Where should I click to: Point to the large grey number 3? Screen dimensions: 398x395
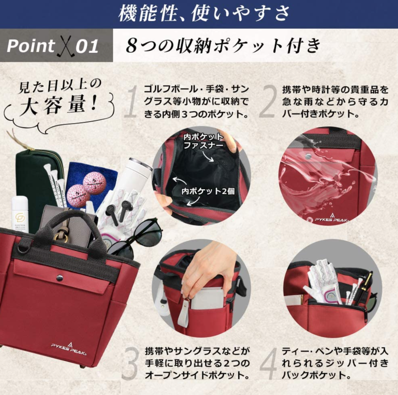click(131, 363)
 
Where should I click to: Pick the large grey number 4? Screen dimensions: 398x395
click(268, 363)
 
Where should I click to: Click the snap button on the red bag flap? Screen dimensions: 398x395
click(59, 278)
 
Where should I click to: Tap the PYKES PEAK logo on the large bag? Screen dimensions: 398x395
click(68, 348)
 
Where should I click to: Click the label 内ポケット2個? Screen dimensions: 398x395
click(208, 191)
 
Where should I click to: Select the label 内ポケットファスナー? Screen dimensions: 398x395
click(203, 141)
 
